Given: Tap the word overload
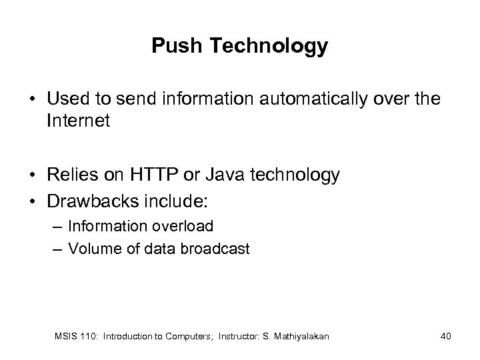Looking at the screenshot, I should pos(184,226).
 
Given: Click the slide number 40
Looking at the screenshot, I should pos(445,336).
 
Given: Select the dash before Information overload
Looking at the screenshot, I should pos(57,227).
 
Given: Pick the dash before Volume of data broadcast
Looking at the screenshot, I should pos(57,250).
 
